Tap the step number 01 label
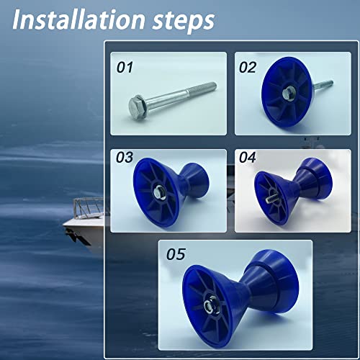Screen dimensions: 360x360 pyautogui.click(x=126, y=68)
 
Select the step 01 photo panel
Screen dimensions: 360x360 pyautogui.click(x=168, y=93)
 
